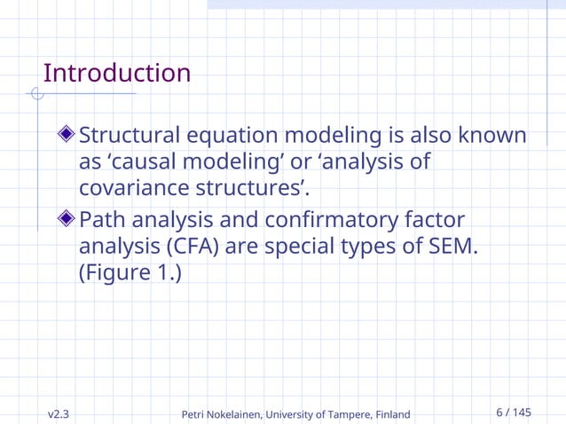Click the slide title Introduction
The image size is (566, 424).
(116, 73)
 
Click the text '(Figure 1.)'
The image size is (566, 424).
(130, 272)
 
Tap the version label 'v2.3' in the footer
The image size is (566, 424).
(59, 413)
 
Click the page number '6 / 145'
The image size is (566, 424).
(514, 412)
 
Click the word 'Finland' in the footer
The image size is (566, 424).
(390, 414)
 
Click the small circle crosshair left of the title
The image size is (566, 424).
(36, 94)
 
